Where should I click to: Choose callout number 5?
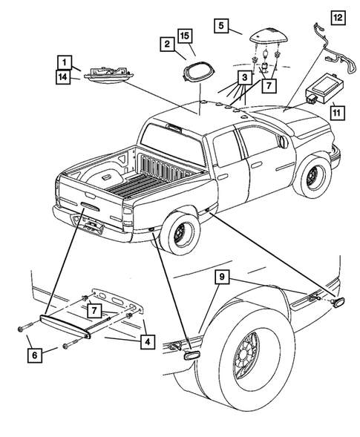221,26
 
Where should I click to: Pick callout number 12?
338,16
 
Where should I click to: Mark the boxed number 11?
337,113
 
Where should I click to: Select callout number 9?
221,277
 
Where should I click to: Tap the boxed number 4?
148,341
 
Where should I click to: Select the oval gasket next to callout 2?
198,70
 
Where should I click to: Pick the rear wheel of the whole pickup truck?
180,231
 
